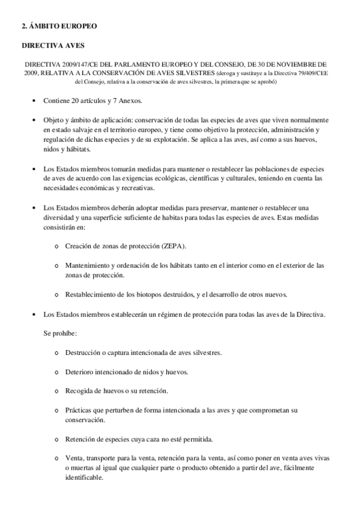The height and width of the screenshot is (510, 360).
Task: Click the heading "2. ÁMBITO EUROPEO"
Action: pos(58,27)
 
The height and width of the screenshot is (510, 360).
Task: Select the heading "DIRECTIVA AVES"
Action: pos(53,45)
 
